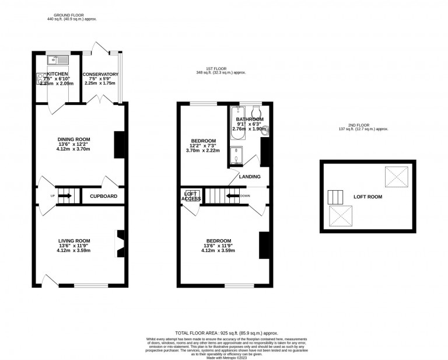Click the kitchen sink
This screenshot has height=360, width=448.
point(58,58)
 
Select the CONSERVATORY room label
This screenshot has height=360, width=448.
point(100,75)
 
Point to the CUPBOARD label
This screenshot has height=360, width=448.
point(103,196)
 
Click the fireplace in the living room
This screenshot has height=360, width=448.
point(120,243)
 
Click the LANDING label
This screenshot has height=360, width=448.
point(249,176)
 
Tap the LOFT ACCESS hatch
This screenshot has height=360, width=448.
point(191,196)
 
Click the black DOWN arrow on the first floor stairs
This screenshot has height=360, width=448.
point(233,196)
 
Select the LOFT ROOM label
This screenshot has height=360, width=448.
point(367,197)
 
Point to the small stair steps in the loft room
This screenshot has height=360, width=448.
point(336,197)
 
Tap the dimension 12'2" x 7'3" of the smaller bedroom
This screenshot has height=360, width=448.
point(204,145)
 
